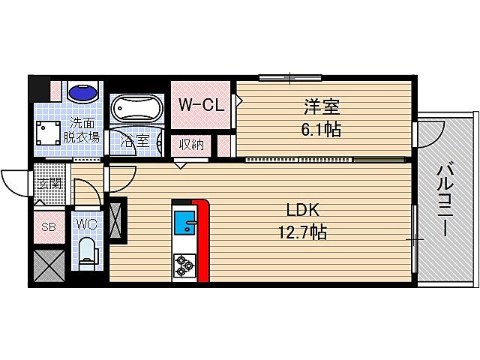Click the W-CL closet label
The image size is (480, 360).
(201, 106)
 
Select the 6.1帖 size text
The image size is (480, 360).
(322, 129)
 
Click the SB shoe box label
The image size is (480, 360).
(47, 227)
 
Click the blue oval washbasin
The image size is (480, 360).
(82, 94)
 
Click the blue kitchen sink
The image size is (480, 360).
(184, 223)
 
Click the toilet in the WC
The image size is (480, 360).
(88, 253)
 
